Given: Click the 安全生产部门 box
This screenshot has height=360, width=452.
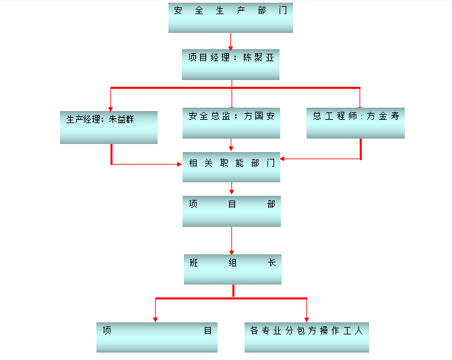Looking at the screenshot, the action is [230, 18].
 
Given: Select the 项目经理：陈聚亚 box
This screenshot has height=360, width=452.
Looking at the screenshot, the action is [230, 65].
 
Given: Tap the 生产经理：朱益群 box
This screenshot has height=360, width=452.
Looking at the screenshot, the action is [108, 127].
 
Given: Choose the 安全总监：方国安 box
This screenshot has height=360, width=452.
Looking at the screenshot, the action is [231, 123].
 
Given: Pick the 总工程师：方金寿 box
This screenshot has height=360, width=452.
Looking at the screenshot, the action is [356, 123].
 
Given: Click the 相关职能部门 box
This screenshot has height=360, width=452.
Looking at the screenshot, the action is [231, 167].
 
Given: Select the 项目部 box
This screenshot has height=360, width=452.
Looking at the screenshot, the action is [232, 211].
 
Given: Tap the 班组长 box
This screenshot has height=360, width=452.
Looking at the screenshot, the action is [232, 269].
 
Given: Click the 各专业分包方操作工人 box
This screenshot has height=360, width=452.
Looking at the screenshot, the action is [306, 337].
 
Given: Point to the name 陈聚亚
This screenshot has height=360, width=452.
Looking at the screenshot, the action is [258, 58].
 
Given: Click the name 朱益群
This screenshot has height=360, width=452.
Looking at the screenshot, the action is [121, 119].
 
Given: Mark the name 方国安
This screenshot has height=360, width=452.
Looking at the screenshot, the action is [259, 116].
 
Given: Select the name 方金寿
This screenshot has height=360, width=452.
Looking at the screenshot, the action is [383, 116].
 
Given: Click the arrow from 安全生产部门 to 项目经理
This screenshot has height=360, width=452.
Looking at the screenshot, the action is [230, 41].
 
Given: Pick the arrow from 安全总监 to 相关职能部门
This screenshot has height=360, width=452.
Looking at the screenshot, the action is [231, 145].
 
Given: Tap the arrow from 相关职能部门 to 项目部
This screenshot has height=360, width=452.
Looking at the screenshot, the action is [232, 188].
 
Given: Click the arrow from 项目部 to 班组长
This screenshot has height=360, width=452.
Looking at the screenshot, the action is [232, 240].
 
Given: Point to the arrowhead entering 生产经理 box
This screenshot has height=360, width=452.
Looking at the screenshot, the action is [110, 109].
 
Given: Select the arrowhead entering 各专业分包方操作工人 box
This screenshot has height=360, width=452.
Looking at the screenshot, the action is [306, 320].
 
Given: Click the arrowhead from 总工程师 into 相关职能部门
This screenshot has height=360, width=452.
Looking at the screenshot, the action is [282, 159].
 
